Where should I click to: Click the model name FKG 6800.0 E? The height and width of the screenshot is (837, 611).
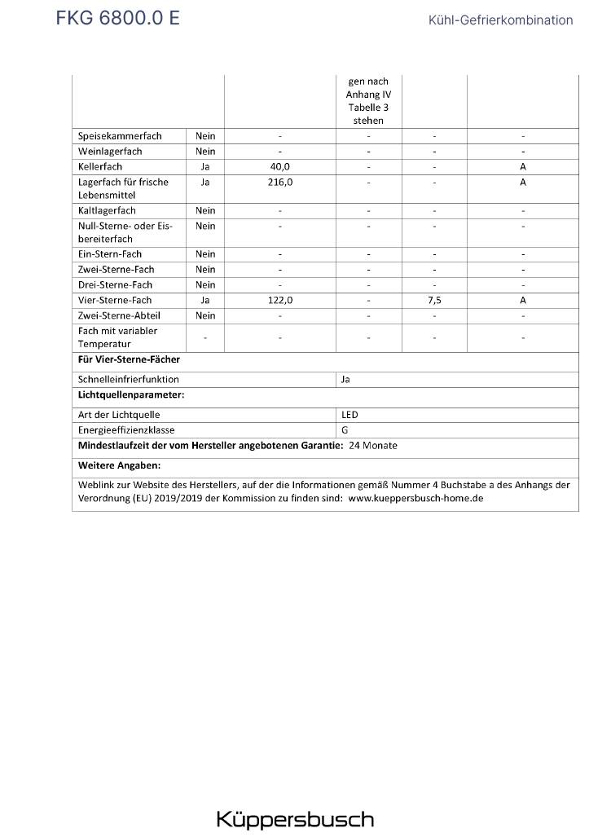(x=117, y=18)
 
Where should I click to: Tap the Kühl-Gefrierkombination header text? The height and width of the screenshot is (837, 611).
(x=500, y=20)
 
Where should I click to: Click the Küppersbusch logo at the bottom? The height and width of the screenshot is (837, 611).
(x=295, y=819)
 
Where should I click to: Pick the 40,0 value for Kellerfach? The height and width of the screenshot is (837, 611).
(x=280, y=167)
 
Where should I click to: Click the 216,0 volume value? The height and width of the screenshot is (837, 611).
(x=280, y=183)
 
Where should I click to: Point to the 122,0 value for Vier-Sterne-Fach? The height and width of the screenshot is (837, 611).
(x=280, y=300)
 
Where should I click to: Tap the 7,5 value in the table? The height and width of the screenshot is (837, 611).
(x=434, y=300)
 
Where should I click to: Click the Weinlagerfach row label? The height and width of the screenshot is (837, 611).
(x=110, y=152)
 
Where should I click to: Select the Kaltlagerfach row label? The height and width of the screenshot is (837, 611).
(x=107, y=210)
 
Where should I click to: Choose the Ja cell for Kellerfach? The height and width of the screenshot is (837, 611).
(x=205, y=167)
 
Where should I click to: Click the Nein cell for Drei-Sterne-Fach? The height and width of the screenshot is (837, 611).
(x=205, y=284)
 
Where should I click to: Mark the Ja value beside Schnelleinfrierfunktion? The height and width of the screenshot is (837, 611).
(x=346, y=379)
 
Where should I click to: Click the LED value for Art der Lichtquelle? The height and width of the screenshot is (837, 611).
(x=349, y=415)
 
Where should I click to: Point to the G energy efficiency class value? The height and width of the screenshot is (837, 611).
(x=345, y=430)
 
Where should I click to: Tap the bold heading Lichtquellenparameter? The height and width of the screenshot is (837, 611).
(x=131, y=394)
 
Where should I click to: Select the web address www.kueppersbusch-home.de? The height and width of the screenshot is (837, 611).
(x=415, y=498)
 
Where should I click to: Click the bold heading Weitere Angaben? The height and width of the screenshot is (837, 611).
(x=119, y=465)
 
